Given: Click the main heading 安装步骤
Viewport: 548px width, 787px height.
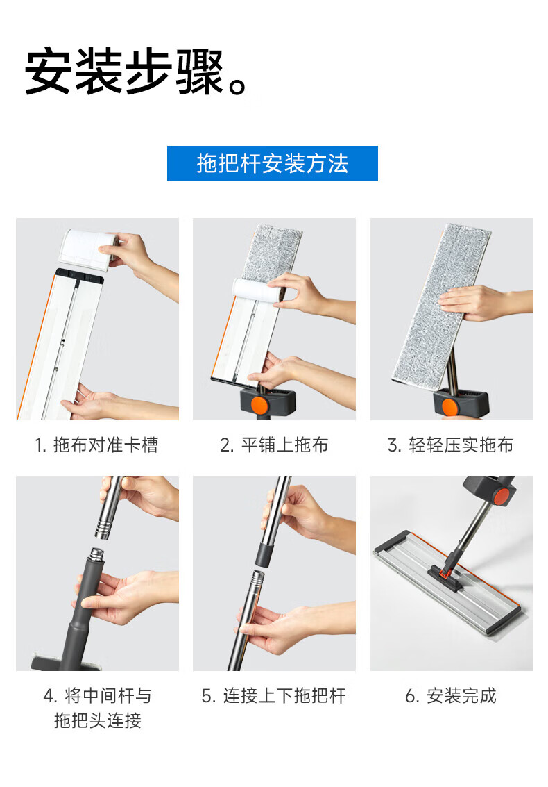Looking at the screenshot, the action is (123, 72).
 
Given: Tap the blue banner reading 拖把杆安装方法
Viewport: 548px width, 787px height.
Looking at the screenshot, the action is (272, 163).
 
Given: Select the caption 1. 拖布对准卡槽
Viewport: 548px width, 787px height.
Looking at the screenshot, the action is (96, 445).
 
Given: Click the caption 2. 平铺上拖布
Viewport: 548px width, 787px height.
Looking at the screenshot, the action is (274, 445).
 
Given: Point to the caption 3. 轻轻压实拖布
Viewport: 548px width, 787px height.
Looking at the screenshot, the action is (450, 445).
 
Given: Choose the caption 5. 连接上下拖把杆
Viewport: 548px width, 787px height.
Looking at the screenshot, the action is (274, 695).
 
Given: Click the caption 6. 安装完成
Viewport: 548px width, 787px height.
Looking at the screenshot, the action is (450, 695).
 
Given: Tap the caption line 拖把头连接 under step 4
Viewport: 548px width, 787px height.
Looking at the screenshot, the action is (98, 720).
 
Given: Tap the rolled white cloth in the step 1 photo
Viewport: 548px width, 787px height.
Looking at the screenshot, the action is (88, 249).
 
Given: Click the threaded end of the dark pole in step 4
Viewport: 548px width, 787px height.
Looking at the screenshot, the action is (96, 555).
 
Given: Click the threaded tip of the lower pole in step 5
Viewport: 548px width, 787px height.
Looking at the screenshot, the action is (257, 580).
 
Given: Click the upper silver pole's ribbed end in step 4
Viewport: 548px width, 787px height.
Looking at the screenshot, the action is (103, 529).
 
